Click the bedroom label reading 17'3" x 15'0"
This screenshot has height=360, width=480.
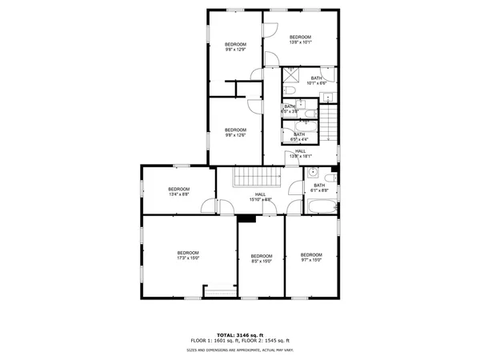(187, 255)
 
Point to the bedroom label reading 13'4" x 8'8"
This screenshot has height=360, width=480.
(178, 191)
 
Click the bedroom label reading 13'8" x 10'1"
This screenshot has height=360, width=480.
(300, 39)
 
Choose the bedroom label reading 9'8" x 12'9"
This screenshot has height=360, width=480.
(235, 46)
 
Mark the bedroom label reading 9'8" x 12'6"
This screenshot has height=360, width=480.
(235, 132)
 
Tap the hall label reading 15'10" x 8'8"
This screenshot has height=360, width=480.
(261, 196)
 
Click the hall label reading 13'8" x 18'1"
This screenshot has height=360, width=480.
(300, 154)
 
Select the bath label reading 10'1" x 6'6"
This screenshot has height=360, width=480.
(317, 80)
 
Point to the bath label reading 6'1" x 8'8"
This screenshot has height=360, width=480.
(319, 188)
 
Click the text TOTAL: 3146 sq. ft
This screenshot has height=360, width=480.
(239, 334)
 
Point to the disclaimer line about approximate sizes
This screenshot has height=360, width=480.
(239, 350)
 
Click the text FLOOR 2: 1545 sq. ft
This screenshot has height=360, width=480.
(266, 341)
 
